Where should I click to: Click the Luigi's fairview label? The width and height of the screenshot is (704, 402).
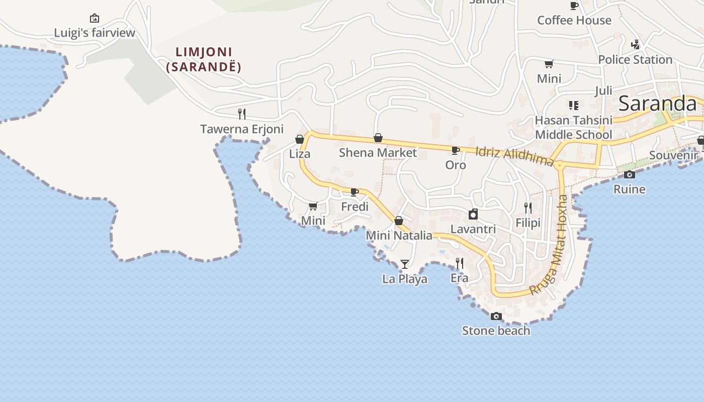tap(95, 33)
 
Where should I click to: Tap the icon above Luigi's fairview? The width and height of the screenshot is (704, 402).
tap(94, 19)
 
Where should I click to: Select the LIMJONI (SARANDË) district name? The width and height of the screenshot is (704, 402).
tap(204, 59)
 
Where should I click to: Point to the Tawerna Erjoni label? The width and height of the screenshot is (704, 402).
tap(242, 129)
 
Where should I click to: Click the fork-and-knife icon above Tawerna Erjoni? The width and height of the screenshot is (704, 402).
tap(242, 114)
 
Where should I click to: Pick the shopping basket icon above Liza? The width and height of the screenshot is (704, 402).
tap(300, 139)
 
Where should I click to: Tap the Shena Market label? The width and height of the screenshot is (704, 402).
tap(378, 153)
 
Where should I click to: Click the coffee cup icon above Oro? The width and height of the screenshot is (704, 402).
tap(456, 150)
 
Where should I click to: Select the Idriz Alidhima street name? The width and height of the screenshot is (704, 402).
tap(514, 156)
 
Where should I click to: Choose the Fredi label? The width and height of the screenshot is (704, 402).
tap(355, 207)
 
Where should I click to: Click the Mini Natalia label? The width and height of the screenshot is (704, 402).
tap(399, 235)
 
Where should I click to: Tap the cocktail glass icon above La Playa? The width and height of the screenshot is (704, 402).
tap(405, 264)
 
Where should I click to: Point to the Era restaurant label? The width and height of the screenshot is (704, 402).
tap(459, 278)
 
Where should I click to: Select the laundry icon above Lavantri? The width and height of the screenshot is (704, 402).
tap(473, 215)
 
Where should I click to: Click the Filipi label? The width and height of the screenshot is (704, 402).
tap(528, 223)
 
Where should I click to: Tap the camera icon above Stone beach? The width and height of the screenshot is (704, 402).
tap(496, 316)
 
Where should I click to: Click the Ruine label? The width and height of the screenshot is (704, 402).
tap(629, 189)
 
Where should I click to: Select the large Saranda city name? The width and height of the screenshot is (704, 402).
tap(657, 104)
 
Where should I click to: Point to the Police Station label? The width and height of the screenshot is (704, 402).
tap(635, 60)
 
